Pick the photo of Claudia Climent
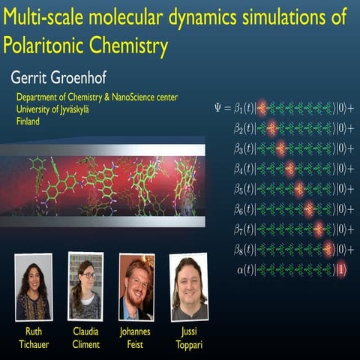[x=85, y=286]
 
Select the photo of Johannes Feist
[x=136, y=287]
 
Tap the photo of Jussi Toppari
[x=188, y=287]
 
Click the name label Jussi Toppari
[x=188, y=337]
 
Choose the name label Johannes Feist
[x=136, y=337]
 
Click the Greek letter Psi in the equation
[x=219, y=108]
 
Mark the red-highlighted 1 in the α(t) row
[x=340, y=269]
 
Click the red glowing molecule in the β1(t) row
[x=262, y=108]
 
